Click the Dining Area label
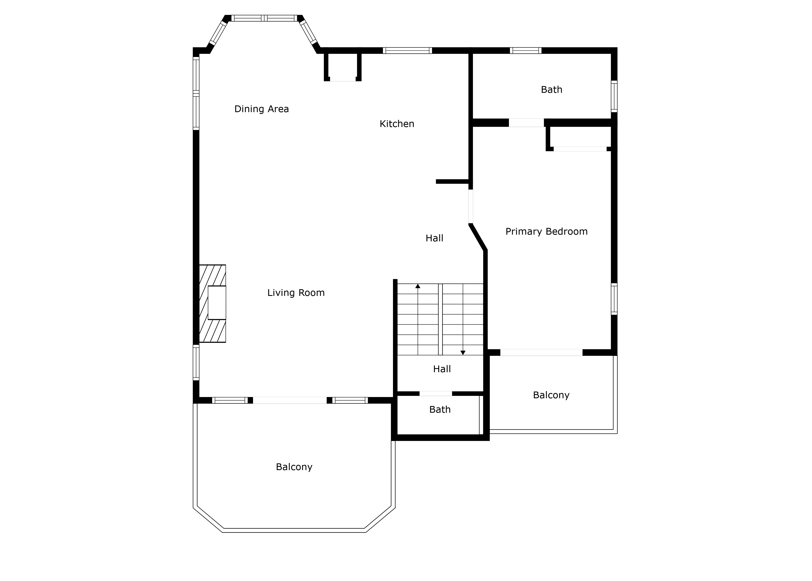click(x=261, y=109)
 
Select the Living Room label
click(x=296, y=293)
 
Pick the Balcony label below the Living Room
click(x=294, y=467)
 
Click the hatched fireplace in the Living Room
click(x=212, y=303)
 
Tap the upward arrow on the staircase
click(x=418, y=286)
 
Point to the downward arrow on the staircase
click(x=463, y=352)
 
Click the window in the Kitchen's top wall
click(x=407, y=50)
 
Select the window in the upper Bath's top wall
click(x=525, y=50)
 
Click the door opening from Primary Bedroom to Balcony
click(x=541, y=352)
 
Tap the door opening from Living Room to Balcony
click(x=290, y=400)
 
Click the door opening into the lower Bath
click(x=435, y=394)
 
